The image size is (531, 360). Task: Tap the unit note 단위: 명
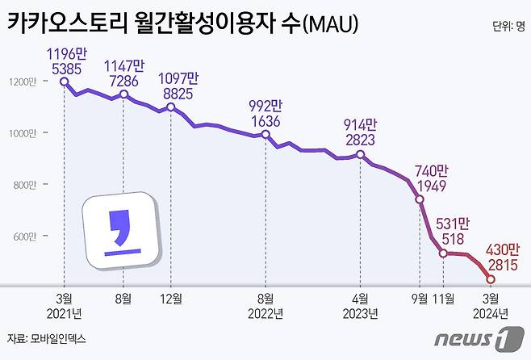point(508,27)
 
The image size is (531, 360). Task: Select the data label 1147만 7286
point(123,73)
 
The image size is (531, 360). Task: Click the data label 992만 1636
point(265,114)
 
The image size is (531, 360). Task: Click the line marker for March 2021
point(64,82)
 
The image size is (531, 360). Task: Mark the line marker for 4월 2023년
point(360,154)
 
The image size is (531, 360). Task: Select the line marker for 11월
point(443,253)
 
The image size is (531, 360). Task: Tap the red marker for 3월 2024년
point(491,279)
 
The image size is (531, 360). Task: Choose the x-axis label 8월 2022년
point(265,305)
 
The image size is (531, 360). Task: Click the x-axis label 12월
point(171,297)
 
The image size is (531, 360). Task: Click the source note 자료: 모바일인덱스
point(46,339)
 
